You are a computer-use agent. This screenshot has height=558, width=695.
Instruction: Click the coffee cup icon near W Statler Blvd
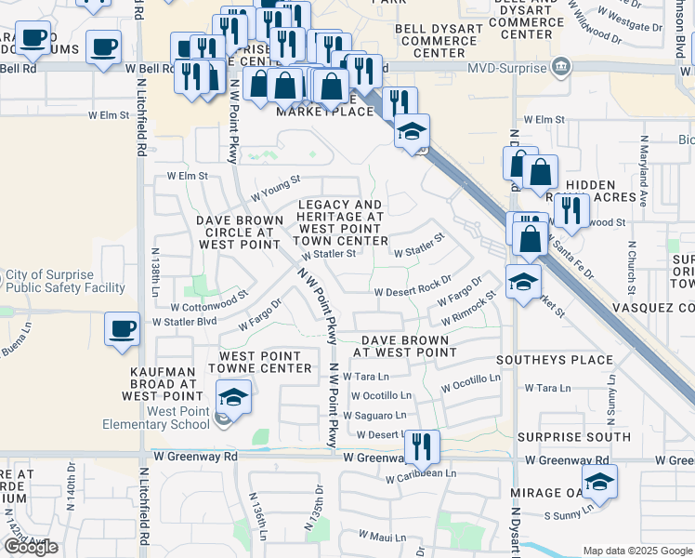click(x=123, y=328)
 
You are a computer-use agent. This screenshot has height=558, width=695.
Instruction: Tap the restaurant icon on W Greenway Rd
click(x=422, y=447)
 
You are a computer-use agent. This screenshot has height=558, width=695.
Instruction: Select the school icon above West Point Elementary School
click(x=233, y=398)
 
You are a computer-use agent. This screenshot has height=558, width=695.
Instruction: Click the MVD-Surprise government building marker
click(x=560, y=66)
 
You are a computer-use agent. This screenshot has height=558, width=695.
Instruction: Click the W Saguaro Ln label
click(x=374, y=416)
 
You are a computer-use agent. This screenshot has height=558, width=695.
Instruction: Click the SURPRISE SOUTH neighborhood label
click(x=573, y=437)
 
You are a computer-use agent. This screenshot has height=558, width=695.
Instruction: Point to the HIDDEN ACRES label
click(x=601, y=191)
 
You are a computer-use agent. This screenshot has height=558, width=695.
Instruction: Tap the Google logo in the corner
click(x=31, y=547)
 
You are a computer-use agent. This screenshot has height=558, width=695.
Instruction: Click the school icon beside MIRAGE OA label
click(x=599, y=483)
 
